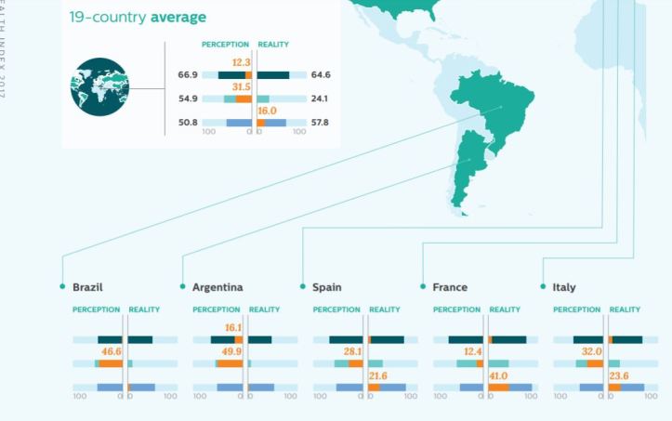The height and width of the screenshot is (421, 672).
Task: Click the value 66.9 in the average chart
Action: click(189, 74)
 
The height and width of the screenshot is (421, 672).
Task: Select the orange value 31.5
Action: click(242, 86)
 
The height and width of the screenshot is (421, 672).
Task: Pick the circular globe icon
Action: click(99, 87)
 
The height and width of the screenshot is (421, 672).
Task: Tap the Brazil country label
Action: click(87, 287)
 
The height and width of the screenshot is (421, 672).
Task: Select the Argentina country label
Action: click(217, 287)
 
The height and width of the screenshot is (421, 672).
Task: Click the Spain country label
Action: click(326, 287)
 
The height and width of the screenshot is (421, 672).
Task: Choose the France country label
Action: click(450, 287)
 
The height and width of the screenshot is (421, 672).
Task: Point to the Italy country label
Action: click(563, 287)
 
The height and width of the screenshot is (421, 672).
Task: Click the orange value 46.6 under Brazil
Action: click(112, 352)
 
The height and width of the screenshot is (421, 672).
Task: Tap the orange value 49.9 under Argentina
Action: click(231, 352)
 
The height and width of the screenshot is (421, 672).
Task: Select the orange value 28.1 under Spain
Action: click(352, 352)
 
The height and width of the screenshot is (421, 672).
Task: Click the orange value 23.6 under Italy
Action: click(621, 375)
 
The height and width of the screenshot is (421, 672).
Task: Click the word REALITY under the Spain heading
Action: click(385, 309)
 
